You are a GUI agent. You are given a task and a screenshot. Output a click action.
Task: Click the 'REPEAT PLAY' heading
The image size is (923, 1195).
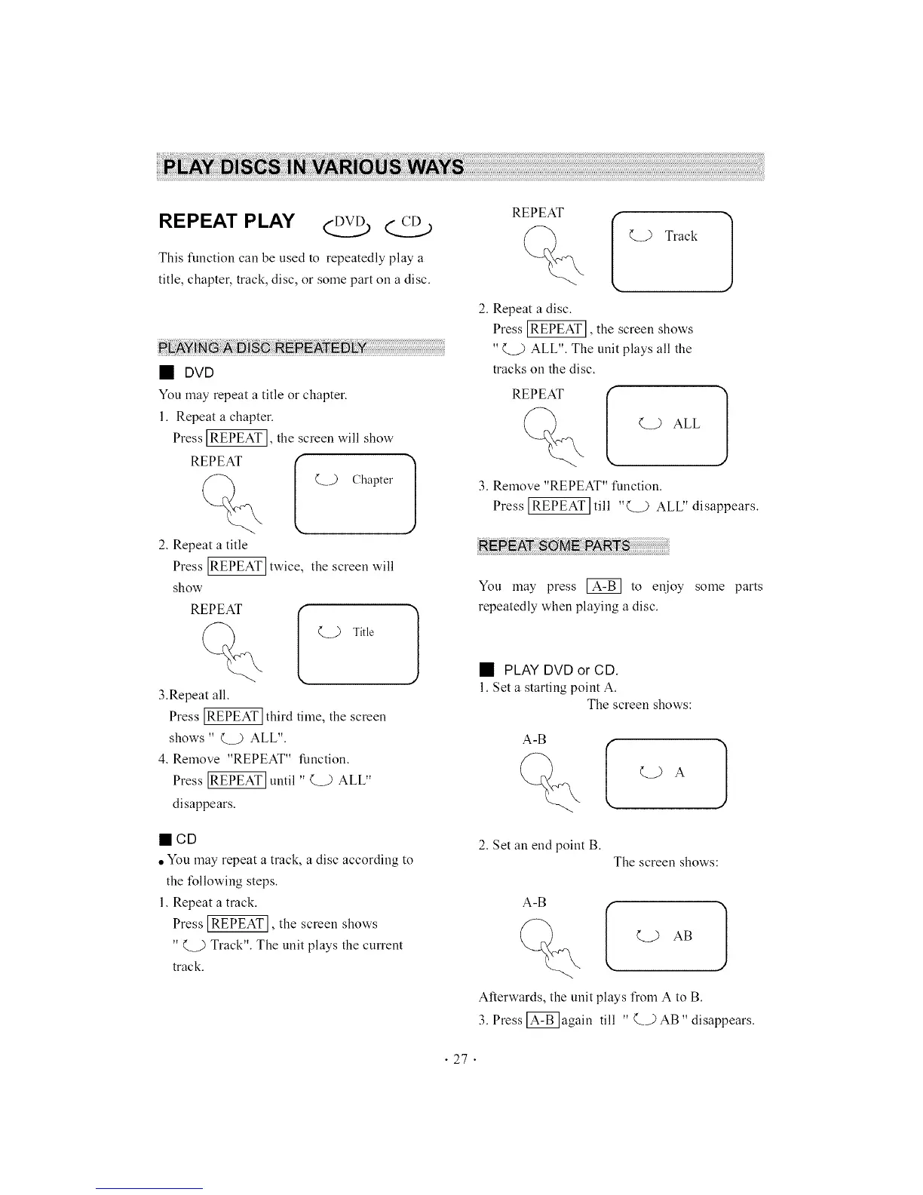point(226,221)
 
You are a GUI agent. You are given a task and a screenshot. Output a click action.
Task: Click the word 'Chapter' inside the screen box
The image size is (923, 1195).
point(372,480)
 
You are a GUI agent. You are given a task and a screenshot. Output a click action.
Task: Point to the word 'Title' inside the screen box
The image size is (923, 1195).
point(363,632)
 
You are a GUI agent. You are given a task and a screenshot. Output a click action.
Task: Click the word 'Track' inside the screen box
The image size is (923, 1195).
point(680,236)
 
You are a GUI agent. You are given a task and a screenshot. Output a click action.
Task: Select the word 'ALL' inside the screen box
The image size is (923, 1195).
point(686,424)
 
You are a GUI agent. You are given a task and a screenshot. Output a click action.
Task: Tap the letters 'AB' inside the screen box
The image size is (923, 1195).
point(682,936)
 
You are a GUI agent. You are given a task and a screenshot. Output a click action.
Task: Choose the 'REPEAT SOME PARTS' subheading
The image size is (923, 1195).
point(555,546)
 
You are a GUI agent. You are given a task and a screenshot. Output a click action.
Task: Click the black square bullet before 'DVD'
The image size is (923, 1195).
point(165,373)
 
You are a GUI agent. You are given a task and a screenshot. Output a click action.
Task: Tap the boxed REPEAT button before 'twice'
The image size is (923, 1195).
point(237,567)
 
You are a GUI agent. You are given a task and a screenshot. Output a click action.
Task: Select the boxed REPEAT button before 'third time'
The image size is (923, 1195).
point(234,716)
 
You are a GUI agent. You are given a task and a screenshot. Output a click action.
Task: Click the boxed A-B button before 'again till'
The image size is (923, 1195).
point(542,1020)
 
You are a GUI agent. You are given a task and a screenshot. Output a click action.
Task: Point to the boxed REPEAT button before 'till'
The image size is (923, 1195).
point(558,505)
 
